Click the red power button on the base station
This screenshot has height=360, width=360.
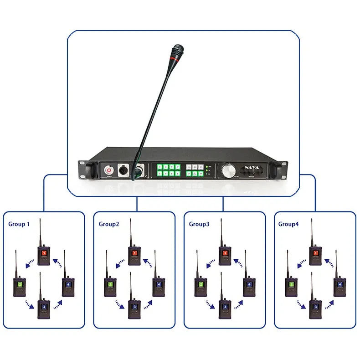(x=109, y=170)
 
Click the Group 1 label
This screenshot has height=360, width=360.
(x=20, y=224)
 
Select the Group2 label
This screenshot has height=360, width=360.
(x=109, y=224)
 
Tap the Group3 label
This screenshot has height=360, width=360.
(x=199, y=224)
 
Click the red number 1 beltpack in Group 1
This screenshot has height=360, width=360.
(x=44, y=255)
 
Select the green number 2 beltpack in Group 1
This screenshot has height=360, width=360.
(x=20, y=286)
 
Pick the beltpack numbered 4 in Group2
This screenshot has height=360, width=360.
(x=158, y=286)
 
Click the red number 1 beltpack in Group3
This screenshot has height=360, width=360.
(x=225, y=255)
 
